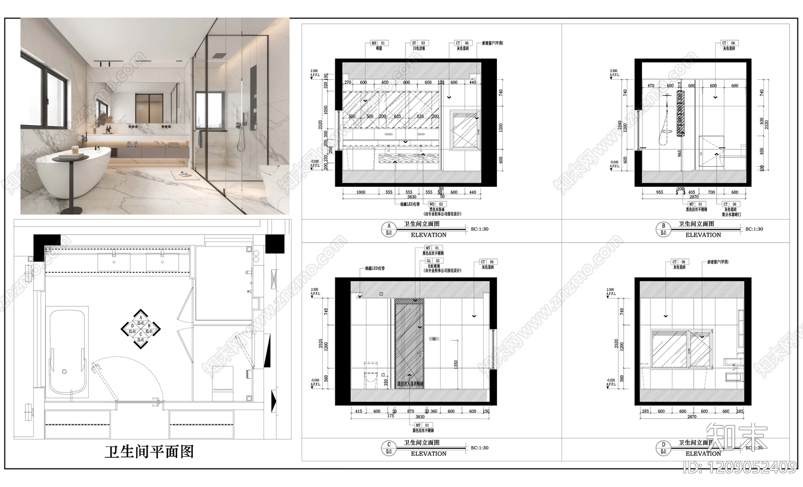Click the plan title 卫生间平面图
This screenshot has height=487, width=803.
(x=149, y=452)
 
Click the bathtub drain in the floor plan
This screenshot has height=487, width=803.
(x=64, y=372)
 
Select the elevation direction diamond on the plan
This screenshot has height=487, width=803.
(x=141, y=329)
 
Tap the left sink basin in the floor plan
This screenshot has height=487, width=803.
(x=114, y=261)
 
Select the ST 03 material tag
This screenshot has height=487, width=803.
(x=419, y=44)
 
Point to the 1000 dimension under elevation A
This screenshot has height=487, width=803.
(x=360, y=192)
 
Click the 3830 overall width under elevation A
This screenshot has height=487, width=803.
(x=412, y=197)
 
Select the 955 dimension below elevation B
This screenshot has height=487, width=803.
(x=659, y=192)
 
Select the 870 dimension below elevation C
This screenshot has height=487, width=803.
(x=411, y=411)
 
